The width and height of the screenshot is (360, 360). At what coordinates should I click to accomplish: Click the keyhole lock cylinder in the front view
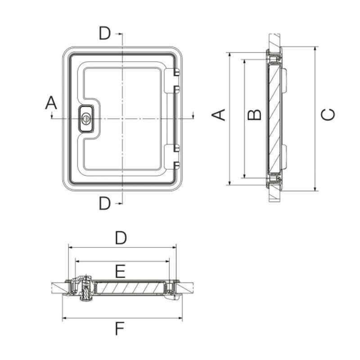[x=86, y=119]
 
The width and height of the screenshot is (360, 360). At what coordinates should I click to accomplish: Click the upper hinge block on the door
[x=172, y=81]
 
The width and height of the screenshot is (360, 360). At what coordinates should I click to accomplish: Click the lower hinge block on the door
[x=172, y=157]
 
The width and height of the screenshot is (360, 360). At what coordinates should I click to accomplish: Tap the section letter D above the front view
[x=105, y=33]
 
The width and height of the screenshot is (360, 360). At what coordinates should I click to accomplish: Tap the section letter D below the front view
[x=105, y=203]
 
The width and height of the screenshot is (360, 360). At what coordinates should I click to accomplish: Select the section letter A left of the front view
[x=51, y=103]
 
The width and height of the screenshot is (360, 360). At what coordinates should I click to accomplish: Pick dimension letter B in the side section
[x=254, y=115]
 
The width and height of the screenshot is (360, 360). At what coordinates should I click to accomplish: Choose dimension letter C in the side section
[x=328, y=114]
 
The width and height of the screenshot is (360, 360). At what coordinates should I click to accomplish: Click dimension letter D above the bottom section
[x=121, y=238]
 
